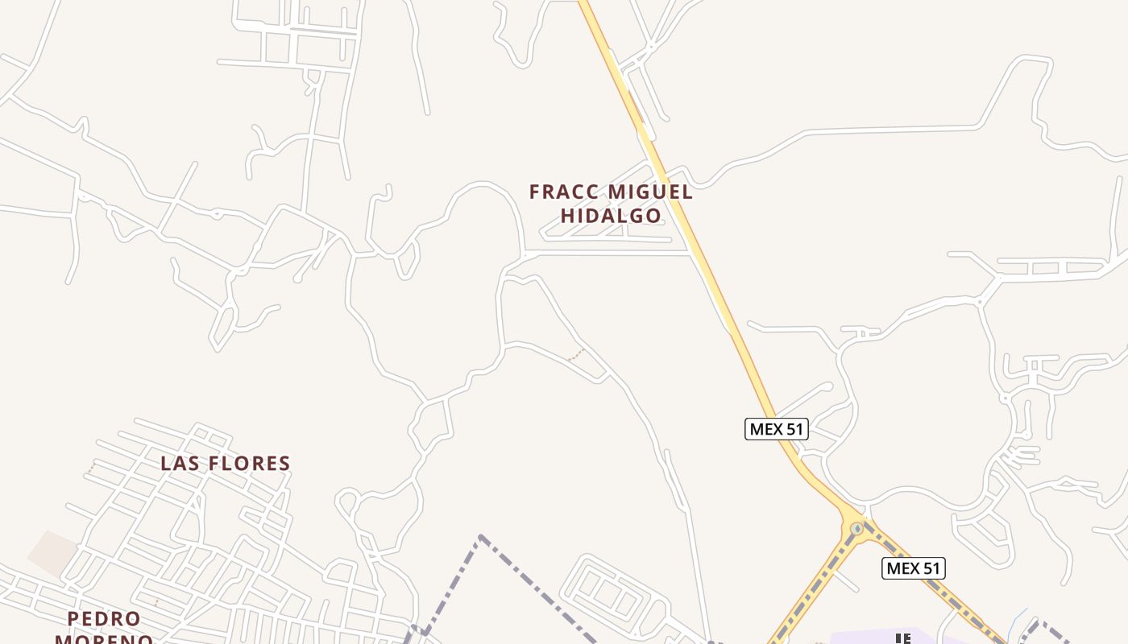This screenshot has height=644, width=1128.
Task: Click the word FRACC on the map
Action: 565,192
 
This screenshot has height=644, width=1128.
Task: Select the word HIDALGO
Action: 611,216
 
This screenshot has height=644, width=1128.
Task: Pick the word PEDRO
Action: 104,618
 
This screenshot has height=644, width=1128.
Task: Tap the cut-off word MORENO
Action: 104,638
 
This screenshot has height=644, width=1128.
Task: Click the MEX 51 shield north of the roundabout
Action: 776,429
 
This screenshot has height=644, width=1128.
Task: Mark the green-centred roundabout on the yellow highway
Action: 856,529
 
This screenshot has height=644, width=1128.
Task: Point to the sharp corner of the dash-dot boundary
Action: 481,536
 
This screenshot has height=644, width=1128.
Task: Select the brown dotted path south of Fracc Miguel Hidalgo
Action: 575,354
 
